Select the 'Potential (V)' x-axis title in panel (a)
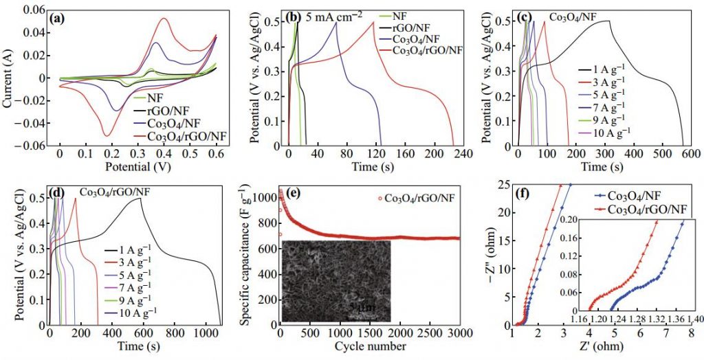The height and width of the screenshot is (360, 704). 137,167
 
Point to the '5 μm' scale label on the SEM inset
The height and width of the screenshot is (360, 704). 360,306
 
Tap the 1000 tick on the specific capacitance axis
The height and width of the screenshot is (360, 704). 264,199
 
